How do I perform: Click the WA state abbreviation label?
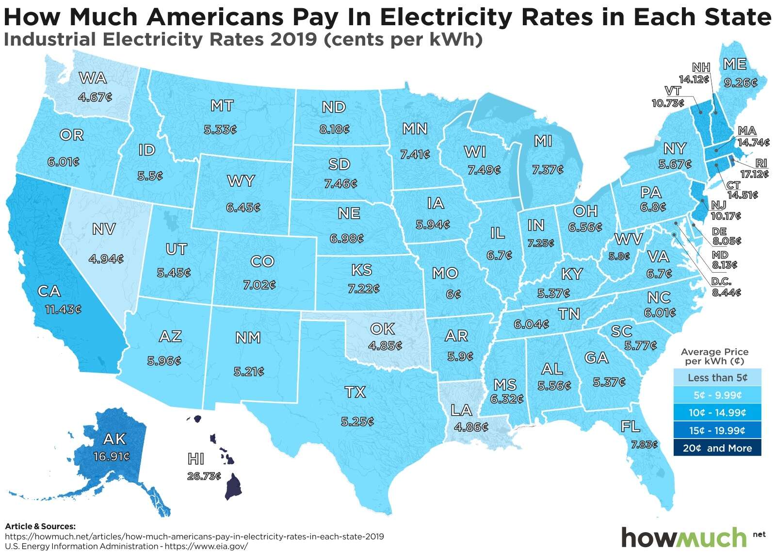[93, 78]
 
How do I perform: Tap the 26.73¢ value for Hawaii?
[204, 476]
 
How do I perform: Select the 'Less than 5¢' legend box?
[717, 377]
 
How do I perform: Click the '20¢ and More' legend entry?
[717, 448]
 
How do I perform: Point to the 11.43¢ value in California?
[63, 309]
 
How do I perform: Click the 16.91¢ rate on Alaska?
[111, 456]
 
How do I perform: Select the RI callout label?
[761, 164]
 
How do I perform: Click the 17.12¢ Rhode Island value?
[754, 174]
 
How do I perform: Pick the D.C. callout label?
[721, 282]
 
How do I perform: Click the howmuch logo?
[684, 537]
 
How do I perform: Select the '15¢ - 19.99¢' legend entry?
[717, 430]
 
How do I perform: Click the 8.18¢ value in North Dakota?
[334, 130]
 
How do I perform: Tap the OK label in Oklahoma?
[382, 329]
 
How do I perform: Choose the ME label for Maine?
[734, 64]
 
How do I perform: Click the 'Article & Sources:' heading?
[40, 526]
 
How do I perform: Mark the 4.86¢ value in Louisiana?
[471, 427]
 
